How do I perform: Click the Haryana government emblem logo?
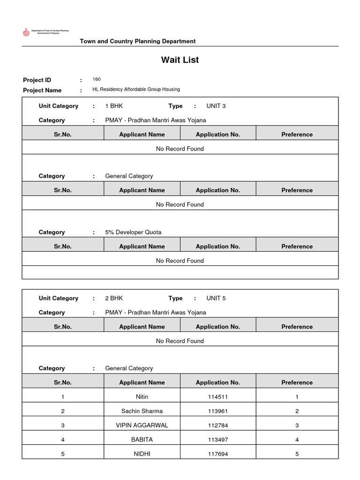pyautogui.click(x=26, y=32)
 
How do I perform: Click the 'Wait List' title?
pyautogui.click(x=180, y=60)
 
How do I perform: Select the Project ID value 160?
pyautogui.click(x=97, y=79)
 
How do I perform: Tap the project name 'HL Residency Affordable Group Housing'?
pyautogui.click(x=136, y=89)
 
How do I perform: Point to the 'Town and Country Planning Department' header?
pyautogui.click(x=138, y=41)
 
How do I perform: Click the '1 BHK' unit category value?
pyautogui.click(x=114, y=106)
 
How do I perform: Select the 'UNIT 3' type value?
pyautogui.click(x=216, y=106)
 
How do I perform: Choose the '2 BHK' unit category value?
pyautogui.click(x=114, y=298)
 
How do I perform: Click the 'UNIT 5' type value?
pyautogui.click(x=216, y=298)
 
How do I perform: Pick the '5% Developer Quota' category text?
pyautogui.click(x=133, y=232)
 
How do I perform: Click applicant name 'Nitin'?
pyautogui.click(x=142, y=397)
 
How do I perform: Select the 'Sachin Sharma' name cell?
pyautogui.click(x=142, y=411)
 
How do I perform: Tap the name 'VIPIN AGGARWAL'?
pyautogui.click(x=142, y=425)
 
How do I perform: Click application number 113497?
pyautogui.click(x=218, y=440)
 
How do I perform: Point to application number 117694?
pyautogui.click(x=218, y=454)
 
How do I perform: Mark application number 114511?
pyautogui.click(x=218, y=397)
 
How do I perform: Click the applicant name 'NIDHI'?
pyautogui.click(x=142, y=454)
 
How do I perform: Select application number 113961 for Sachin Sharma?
pyautogui.click(x=218, y=411)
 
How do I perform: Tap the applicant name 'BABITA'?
pyautogui.click(x=142, y=440)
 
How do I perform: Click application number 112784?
pyautogui.click(x=218, y=425)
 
